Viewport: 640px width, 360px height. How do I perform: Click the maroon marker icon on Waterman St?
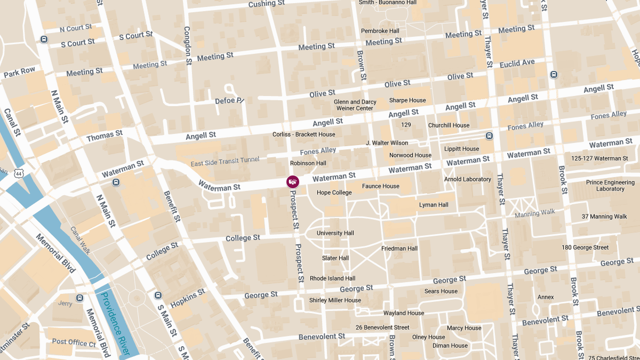coord(293,182)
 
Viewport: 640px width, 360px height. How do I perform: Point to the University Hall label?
coord(335,233)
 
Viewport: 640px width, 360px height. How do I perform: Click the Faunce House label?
coord(380,186)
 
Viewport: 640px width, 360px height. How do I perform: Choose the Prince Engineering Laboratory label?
coord(610,186)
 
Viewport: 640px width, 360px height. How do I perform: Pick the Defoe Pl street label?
coord(229,100)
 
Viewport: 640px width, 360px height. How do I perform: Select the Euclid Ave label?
coord(517,63)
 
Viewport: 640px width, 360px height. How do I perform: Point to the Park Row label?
coord(19,72)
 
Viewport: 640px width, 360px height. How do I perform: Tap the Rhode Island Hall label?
coord(332,278)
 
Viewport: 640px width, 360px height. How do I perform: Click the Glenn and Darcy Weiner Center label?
coord(355,105)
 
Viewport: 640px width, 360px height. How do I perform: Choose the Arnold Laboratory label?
coord(467,179)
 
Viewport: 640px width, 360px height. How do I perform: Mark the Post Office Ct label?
coord(74,342)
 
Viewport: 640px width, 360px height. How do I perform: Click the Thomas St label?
coord(104,135)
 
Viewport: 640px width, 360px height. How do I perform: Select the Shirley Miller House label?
coord(335,300)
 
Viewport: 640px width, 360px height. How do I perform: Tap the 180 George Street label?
coord(585,247)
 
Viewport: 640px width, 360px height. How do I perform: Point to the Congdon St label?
coord(187,46)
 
